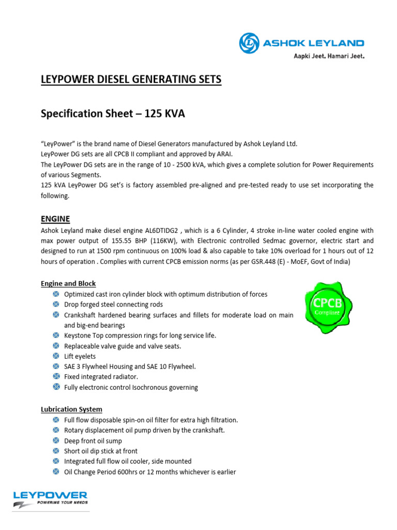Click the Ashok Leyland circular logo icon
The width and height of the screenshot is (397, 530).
tap(249, 43)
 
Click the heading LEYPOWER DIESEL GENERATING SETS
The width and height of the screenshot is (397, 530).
tap(131, 79)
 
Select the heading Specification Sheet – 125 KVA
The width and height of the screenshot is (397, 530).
tap(113, 114)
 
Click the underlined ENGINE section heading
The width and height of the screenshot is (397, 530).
tap(55, 219)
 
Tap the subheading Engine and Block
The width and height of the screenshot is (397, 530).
tap(68, 284)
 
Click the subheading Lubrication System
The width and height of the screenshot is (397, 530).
tap(71, 409)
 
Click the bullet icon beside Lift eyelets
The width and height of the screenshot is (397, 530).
tap(56, 356)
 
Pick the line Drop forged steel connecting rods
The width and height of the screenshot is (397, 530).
tap(113, 304)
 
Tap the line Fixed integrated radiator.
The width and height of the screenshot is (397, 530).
tap(101, 377)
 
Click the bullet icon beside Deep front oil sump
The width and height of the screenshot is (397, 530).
tap(56, 440)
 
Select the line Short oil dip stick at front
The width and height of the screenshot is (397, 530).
tap(108, 451)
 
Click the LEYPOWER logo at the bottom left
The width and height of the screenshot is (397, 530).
tap(50, 498)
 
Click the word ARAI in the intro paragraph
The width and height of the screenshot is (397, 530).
tap(226, 154)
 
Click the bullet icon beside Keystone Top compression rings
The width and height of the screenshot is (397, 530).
tap(56, 335)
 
